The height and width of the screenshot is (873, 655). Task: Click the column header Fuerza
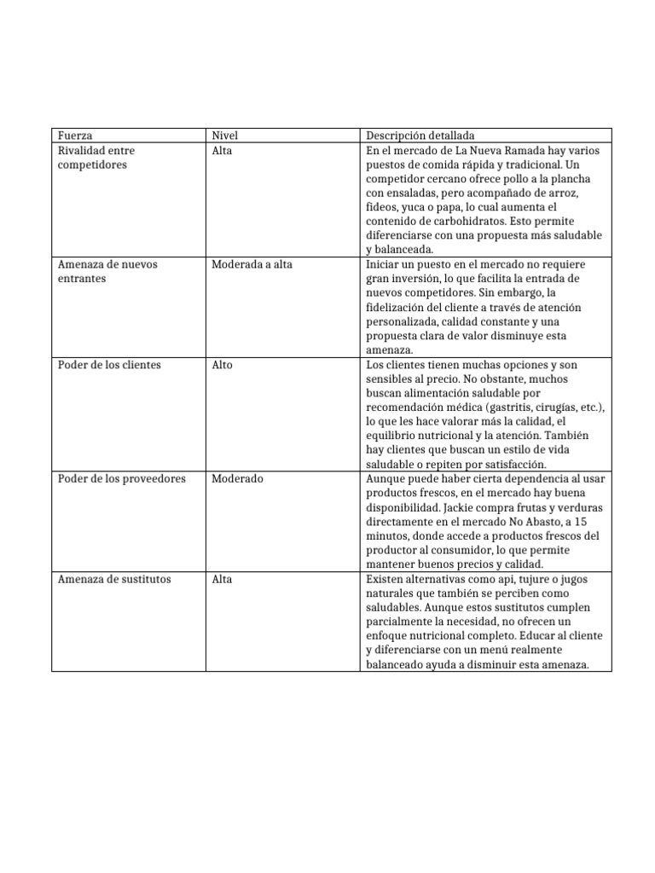point(75,136)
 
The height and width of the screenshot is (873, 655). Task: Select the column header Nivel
point(224,136)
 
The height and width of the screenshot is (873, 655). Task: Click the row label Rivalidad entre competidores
point(96,157)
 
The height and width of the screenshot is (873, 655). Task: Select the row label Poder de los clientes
point(109,365)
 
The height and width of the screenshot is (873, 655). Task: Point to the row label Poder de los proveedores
point(121,479)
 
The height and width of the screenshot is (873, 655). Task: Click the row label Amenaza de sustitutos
point(113,579)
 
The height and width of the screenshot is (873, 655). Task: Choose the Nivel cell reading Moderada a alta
point(252,264)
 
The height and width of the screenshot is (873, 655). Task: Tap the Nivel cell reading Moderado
point(237,479)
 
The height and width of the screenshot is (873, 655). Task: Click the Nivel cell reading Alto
point(222,365)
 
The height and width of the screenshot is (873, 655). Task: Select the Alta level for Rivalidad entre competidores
point(222,151)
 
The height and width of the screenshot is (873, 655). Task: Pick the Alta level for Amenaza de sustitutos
point(222,579)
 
